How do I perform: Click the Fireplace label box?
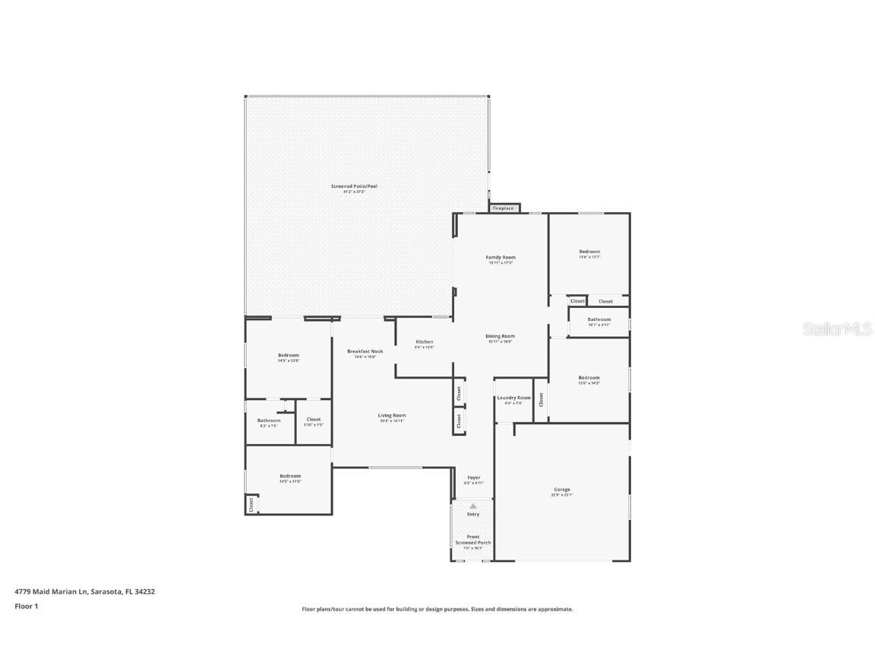[x=504, y=208]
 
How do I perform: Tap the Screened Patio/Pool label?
[x=354, y=188]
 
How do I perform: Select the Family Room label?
[x=501, y=259]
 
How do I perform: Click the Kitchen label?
[x=424, y=344]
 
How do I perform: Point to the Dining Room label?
[x=501, y=338]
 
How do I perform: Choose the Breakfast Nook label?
[x=365, y=353]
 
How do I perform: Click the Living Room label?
[x=393, y=417]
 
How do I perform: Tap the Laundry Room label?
[x=513, y=399]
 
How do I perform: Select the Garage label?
[x=561, y=491]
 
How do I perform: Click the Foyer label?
[x=473, y=479]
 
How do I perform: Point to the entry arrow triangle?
[x=473, y=506]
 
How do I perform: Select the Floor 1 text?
[x=26, y=606]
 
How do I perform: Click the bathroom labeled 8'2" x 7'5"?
[x=269, y=422]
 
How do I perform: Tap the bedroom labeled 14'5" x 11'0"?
[x=289, y=478]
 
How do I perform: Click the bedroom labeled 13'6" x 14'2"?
[x=589, y=379]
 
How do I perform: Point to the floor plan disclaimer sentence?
[x=437, y=609]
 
